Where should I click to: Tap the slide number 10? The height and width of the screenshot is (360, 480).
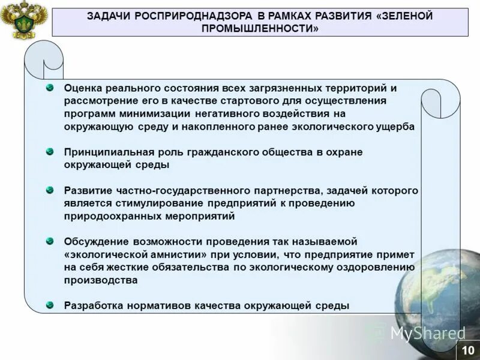coord(468,349)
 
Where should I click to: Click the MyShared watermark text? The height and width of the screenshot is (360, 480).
coord(428,333)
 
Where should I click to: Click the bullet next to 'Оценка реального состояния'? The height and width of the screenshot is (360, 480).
coord(50,88)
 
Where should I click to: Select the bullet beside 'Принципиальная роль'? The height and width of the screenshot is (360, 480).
coord(50,152)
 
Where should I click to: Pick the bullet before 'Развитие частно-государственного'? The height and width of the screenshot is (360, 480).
coord(50,190)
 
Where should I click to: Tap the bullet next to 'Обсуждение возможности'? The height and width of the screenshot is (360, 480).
coord(50,241)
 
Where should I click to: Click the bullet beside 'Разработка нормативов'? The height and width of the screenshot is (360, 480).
coord(50,305)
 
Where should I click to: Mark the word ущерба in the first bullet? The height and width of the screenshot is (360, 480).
coord(394,127)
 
